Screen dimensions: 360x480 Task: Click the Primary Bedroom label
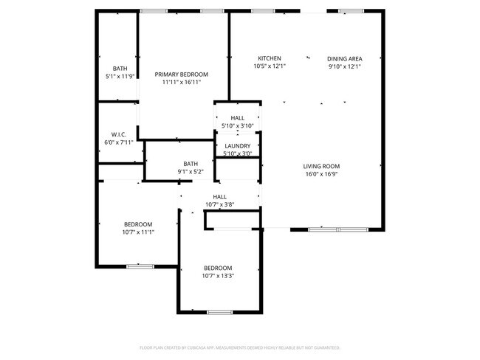(x=181, y=75)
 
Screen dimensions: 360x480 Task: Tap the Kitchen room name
(x=269, y=58)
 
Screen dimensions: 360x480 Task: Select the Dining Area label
(x=344, y=58)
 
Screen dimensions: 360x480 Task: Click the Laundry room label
(x=237, y=146)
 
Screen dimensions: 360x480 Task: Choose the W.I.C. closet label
(x=119, y=134)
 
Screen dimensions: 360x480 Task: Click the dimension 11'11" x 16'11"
(x=181, y=83)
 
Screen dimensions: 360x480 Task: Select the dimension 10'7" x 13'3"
(x=218, y=276)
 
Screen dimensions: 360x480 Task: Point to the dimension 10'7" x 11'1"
(x=138, y=232)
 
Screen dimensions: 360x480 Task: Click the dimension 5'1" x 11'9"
(x=120, y=76)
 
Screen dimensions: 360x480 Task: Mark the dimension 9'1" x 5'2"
(x=191, y=172)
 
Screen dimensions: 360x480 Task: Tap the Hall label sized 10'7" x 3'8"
(x=220, y=197)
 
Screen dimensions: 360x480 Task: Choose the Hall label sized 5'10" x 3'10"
(x=237, y=118)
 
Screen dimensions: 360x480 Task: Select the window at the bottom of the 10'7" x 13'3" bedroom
(x=219, y=312)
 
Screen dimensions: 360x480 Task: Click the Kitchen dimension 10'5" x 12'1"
(x=269, y=66)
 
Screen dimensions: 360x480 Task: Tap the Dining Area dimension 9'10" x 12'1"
(x=344, y=66)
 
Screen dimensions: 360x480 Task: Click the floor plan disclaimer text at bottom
(x=239, y=347)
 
